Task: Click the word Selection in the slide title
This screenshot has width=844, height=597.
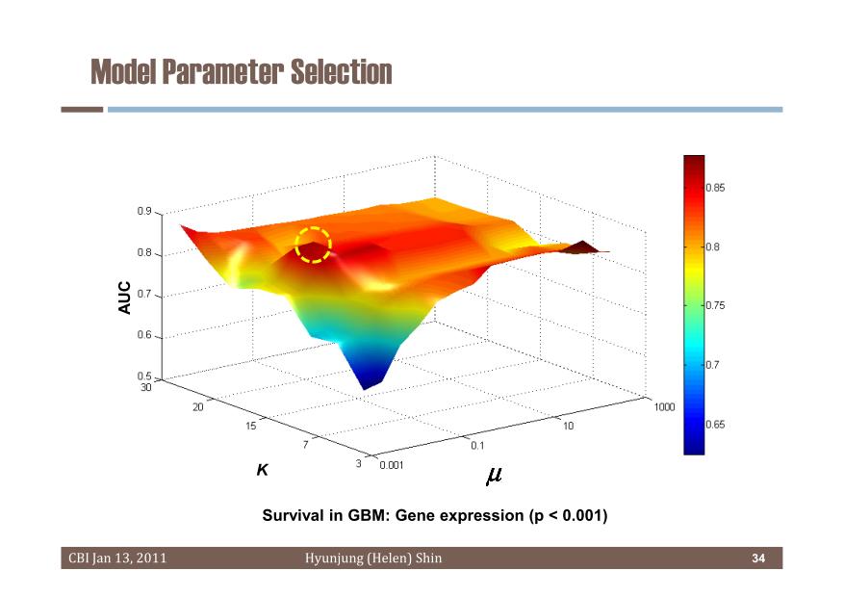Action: coord(342,71)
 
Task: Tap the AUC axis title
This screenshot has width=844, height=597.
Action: coord(124,298)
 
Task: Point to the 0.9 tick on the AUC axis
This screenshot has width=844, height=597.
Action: coord(144,211)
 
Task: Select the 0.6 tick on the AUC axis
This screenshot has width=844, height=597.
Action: coord(144,335)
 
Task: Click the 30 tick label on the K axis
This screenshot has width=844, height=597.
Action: coord(146,387)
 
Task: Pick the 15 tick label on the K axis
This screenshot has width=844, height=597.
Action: coord(251,426)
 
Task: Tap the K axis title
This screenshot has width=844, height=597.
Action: coord(262,470)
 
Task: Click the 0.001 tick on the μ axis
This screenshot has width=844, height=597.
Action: coord(392,465)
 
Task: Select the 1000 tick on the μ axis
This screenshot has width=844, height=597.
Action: coord(664,407)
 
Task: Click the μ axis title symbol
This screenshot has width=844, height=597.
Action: coord(494,476)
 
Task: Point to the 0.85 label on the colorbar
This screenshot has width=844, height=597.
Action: coord(715,188)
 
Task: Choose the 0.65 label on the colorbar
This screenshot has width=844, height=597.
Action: coord(715,425)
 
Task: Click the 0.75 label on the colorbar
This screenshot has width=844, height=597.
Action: coord(715,305)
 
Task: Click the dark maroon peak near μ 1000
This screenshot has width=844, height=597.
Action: coord(583,247)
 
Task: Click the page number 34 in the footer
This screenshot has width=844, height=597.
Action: coord(758,558)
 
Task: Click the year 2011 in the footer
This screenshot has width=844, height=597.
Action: coord(151,558)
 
